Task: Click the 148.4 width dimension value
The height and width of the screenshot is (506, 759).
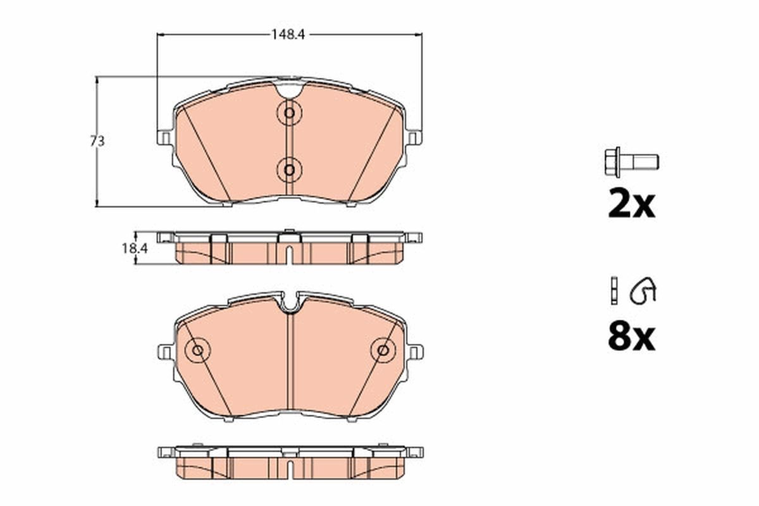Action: point(288,35)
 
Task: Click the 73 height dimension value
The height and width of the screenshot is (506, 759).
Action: point(97,142)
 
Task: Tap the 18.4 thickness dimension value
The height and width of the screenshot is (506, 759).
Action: point(134,249)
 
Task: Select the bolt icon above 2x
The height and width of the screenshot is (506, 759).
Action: point(631,161)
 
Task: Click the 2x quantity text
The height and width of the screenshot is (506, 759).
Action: point(631,204)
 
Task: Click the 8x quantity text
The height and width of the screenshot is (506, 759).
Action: point(631,337)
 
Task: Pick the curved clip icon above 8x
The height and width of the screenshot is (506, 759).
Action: point(643,291)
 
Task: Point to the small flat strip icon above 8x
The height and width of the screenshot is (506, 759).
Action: point(612,290)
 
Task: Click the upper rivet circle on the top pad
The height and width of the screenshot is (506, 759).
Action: point(289,113)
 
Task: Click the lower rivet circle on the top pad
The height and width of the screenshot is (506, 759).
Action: point(289,169)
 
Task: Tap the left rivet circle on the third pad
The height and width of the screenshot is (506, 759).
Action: point(197,349)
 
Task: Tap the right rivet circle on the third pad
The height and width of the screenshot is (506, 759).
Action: point(383,349)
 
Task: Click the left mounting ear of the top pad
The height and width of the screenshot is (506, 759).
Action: point(164,137)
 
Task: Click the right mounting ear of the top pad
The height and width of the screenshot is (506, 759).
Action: point(414,137)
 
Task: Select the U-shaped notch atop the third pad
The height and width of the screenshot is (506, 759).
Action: point(290,303)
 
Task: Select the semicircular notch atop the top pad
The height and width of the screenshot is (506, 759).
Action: point(289,89)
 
